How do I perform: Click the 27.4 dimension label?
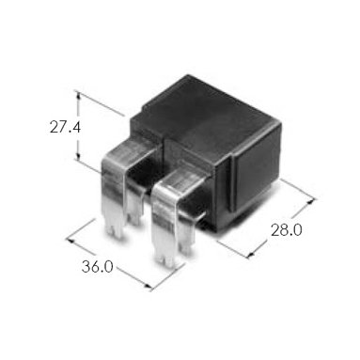(65, 128)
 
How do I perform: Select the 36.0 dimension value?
(98, 267)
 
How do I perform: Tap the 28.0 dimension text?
(287, 230)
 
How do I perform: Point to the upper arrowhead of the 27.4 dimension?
(79, 95)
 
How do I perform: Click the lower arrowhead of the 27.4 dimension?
(79, 157)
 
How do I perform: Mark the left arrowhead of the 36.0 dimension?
(70, 241)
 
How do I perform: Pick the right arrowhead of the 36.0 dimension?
(148, 286)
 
